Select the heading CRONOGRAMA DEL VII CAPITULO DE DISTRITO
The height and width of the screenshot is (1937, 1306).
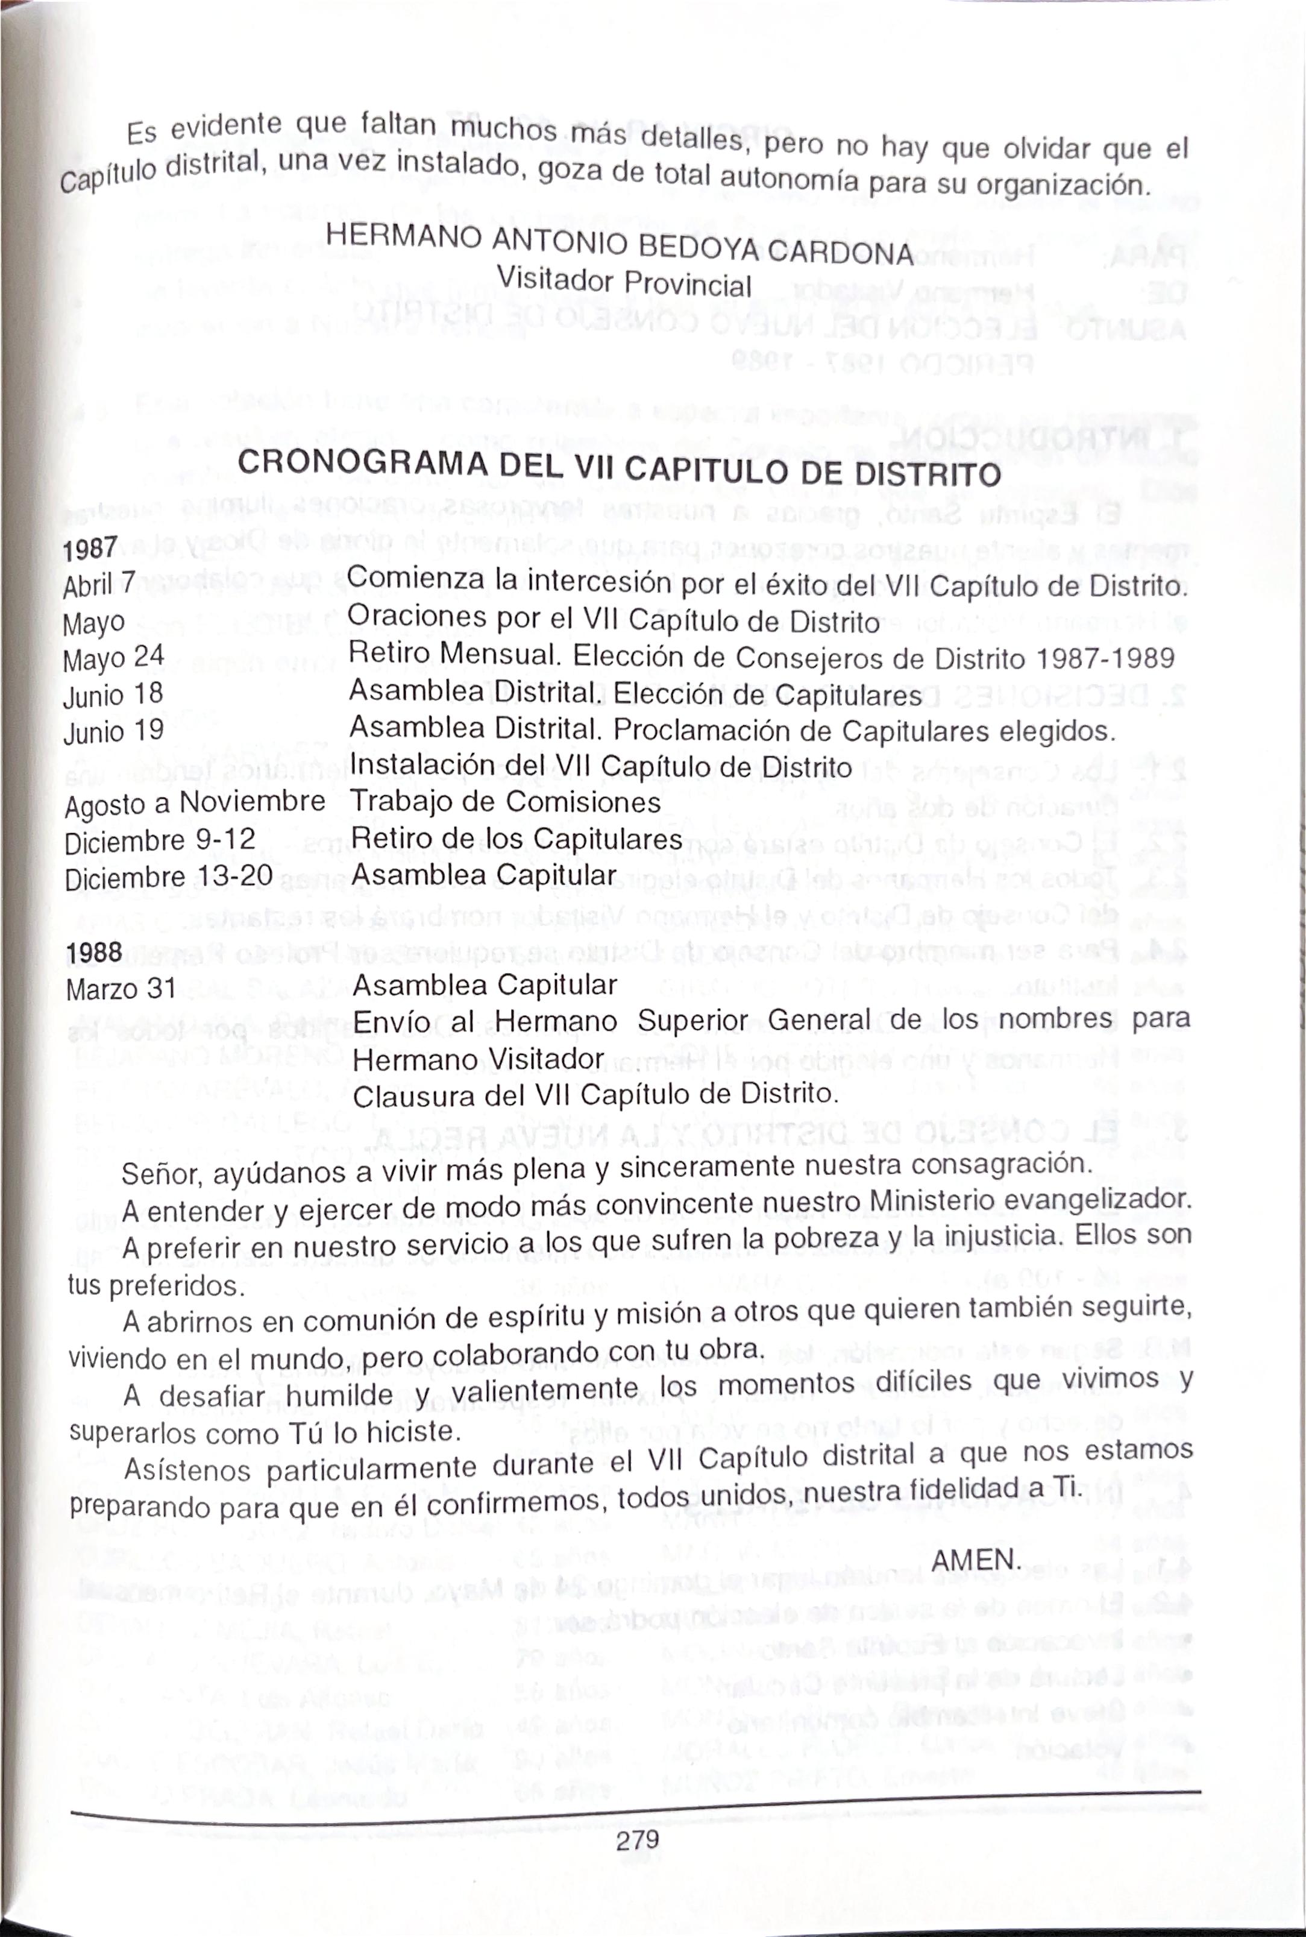(619, 469)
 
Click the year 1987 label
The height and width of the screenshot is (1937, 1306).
(90, 548)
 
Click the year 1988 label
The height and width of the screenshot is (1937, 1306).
(94, 953)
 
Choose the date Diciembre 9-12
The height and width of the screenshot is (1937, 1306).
(159, 840)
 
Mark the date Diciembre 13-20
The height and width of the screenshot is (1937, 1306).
(168, 877)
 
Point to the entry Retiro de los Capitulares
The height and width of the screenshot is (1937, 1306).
(516, 838)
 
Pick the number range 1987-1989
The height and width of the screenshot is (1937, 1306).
(1105, 659)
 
